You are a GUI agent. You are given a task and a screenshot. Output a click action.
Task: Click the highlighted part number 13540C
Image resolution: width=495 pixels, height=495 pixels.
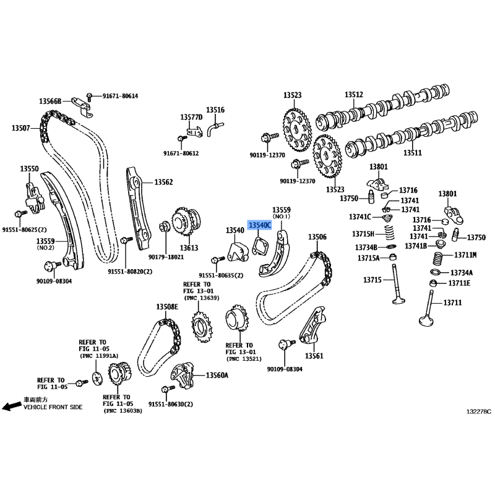(x=260, y=225)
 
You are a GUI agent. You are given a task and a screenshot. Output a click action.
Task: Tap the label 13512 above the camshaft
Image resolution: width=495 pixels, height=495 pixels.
(x=353, y=95)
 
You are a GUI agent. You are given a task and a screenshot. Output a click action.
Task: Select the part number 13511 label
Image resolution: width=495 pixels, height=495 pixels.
(x=413, y=153)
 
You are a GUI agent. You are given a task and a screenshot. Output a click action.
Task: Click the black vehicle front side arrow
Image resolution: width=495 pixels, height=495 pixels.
(x=12, y=407)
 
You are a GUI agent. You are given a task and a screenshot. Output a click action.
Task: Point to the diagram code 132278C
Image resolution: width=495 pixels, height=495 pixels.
(x=479, y=411)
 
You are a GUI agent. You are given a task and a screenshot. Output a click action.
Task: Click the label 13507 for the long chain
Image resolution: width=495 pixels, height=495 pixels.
(x=21, y=128)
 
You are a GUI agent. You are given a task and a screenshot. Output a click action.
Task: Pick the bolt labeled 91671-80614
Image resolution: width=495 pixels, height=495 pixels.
(x=89, y=97)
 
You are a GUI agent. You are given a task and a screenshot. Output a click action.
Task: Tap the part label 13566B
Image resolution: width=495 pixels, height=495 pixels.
(x=50, y=101)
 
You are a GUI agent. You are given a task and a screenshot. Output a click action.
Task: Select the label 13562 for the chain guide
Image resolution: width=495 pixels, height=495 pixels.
(x=163, y=182)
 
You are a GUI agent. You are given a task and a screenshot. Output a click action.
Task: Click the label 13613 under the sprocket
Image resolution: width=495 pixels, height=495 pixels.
(x=189, y=248)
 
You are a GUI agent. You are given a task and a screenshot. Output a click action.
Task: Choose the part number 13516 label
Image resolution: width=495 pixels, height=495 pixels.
(x=215, y=110)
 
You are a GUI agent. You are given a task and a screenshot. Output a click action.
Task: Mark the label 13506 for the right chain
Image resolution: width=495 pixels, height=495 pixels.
(x=317, y=237)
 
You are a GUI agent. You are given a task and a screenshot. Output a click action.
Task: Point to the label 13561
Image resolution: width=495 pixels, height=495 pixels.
(x=314, y=356)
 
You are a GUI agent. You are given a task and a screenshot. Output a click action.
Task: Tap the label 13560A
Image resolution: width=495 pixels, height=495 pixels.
(x=217, y=375)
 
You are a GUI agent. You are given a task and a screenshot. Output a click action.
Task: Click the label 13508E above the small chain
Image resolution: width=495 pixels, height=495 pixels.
(x=167, y=306)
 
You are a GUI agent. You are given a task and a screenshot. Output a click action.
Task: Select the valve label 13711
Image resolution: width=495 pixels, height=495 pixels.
(x=452, y=303)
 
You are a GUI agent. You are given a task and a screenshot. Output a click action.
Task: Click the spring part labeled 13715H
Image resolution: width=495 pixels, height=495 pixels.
(x=389, y=233)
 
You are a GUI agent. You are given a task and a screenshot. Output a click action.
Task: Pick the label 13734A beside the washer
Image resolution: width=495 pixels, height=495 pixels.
(x=462, y=273)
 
